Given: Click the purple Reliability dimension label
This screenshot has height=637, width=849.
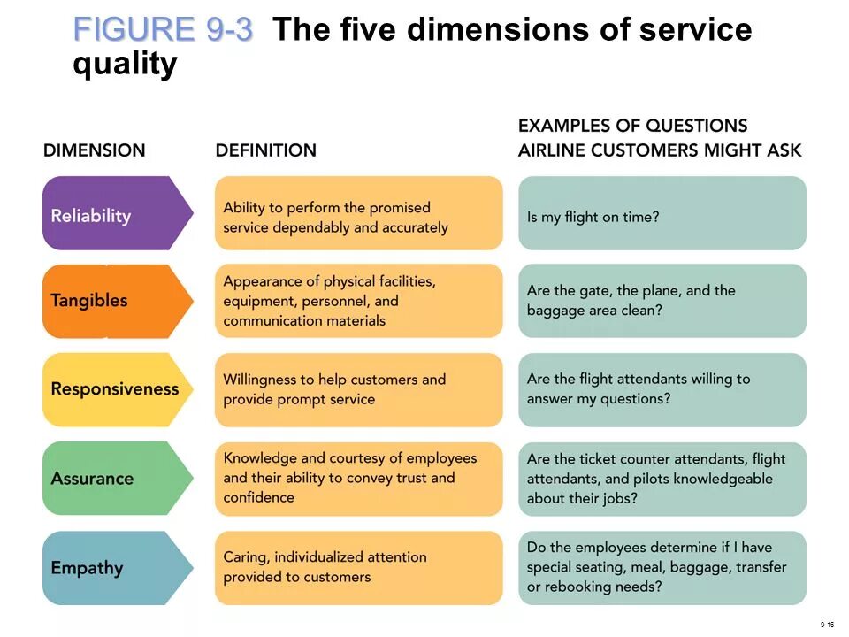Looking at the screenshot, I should pyautogui.click(x=92, y=215).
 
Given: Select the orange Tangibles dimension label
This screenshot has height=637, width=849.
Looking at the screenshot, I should pyautogui.click(x=89, y=300).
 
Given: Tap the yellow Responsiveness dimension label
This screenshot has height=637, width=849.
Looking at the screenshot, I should pyautogui.click(x=115, y=388).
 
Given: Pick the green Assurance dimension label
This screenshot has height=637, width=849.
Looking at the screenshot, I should pyautogui.click(x=93, y=479).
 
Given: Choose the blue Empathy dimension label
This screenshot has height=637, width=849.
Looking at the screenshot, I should pyautogui.click(x=87, y=568).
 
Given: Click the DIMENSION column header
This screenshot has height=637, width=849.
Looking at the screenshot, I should pyautogui.click(x=94, y=150).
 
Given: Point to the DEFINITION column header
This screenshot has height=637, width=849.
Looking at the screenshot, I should pyautogui.click(x=265, y=150).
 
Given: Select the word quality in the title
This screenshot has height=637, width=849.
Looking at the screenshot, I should pyautogui.click(x=125, y=65).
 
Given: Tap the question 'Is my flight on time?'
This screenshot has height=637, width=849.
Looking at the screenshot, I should pyautogui.click(x=593, y=217).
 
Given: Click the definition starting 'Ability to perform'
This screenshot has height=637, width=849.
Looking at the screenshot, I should pyautogui.click(x=336, y=218).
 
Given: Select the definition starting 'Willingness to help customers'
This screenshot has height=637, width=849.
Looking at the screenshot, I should pyautogui.click(x=334, y=389).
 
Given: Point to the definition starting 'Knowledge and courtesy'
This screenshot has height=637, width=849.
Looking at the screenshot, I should pyautogui.click(x=349, y=478).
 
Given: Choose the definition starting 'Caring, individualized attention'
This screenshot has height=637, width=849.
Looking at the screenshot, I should pyautogui.click(x=325, y=567).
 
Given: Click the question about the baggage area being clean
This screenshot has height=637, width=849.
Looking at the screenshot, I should pyautogui.click(x=631, y=300).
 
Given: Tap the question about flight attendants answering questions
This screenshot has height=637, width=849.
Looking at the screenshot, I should pyautogui.click(x=638, y=388).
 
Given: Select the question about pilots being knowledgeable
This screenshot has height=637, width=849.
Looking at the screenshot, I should pyautogui.click(x=655, y=479).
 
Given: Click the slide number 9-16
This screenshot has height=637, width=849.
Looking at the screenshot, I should pyautogui.click(x=827, y=625).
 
